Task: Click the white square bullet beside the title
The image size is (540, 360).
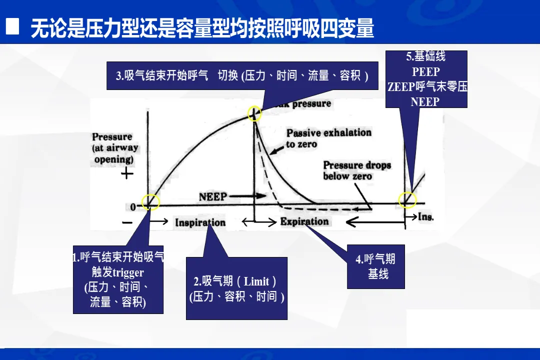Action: (x=12, y=27)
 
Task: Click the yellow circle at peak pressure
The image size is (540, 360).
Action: (x=254, y=114)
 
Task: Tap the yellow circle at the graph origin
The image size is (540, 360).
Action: (x=150, y=202)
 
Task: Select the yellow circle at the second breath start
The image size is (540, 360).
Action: (x=406, y=200)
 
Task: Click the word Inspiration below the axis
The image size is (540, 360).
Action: (x=200, y=222)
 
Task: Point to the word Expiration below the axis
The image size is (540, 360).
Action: (x=304, y=221)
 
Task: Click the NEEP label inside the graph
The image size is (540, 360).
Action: (x=212, y=196)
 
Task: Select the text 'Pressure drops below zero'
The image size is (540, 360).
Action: (x=356, y=170)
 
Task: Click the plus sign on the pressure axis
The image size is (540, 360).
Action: (x=127, y=174)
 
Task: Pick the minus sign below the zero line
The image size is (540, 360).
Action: (x=127, y=222)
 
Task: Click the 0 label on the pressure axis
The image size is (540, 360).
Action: (x=133, y=207)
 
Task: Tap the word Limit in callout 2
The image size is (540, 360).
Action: (x=256, y=281)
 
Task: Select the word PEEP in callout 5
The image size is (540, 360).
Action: (x=425, y=72)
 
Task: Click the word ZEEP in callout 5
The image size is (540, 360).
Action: (x=401, y=87)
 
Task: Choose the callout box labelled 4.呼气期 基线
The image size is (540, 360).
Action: (x=376, y=266)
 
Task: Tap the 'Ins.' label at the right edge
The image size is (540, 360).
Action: (x=425, y=217)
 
